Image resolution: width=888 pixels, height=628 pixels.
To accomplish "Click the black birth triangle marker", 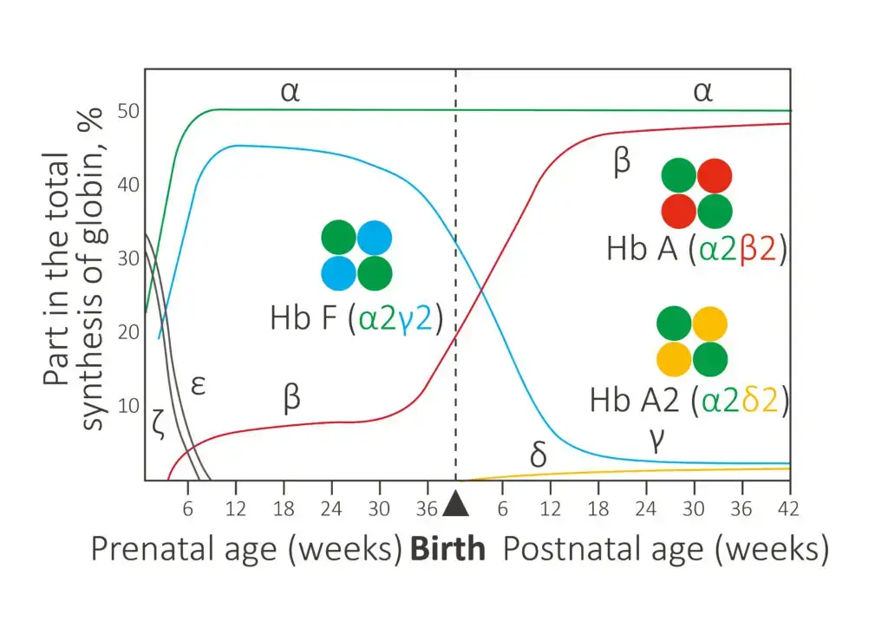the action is tap(456, 504).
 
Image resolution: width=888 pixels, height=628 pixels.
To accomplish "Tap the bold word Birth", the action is tap(448, 549).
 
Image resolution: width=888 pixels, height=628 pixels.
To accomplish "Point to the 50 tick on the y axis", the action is tap(128, 111).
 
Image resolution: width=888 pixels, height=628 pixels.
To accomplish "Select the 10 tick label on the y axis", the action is tap(128, 405).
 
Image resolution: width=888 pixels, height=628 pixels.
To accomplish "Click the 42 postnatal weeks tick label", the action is tap(787, 509).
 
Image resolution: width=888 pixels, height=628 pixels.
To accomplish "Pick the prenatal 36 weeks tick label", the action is tap(427, 509).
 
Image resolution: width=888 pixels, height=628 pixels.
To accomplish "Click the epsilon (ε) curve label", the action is tap(198, 386).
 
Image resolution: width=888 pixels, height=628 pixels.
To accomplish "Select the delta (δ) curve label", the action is tap(539, 454).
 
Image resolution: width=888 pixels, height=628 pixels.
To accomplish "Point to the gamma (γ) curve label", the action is tap(656, 440).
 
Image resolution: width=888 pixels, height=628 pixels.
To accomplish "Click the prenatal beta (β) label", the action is tap(291, 397).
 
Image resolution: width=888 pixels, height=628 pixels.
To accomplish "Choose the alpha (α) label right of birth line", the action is tap(702, 91).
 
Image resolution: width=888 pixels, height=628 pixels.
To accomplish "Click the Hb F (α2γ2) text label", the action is tap(356, 318).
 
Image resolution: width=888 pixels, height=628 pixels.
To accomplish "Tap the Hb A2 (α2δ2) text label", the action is tap(689, 401).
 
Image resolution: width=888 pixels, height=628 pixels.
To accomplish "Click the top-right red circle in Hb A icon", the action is tap(715, 175).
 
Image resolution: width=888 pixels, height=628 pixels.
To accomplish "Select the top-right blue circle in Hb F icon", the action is tap(375, 238).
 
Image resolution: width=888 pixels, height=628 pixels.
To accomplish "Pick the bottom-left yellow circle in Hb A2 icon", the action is tap(674, 360).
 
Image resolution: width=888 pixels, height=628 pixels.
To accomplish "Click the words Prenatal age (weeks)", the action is tap(247, 549).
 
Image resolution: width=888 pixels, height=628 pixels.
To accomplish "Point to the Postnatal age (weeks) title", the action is tap(666, 549).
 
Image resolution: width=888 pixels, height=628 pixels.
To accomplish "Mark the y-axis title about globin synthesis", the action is tap(73, 268).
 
